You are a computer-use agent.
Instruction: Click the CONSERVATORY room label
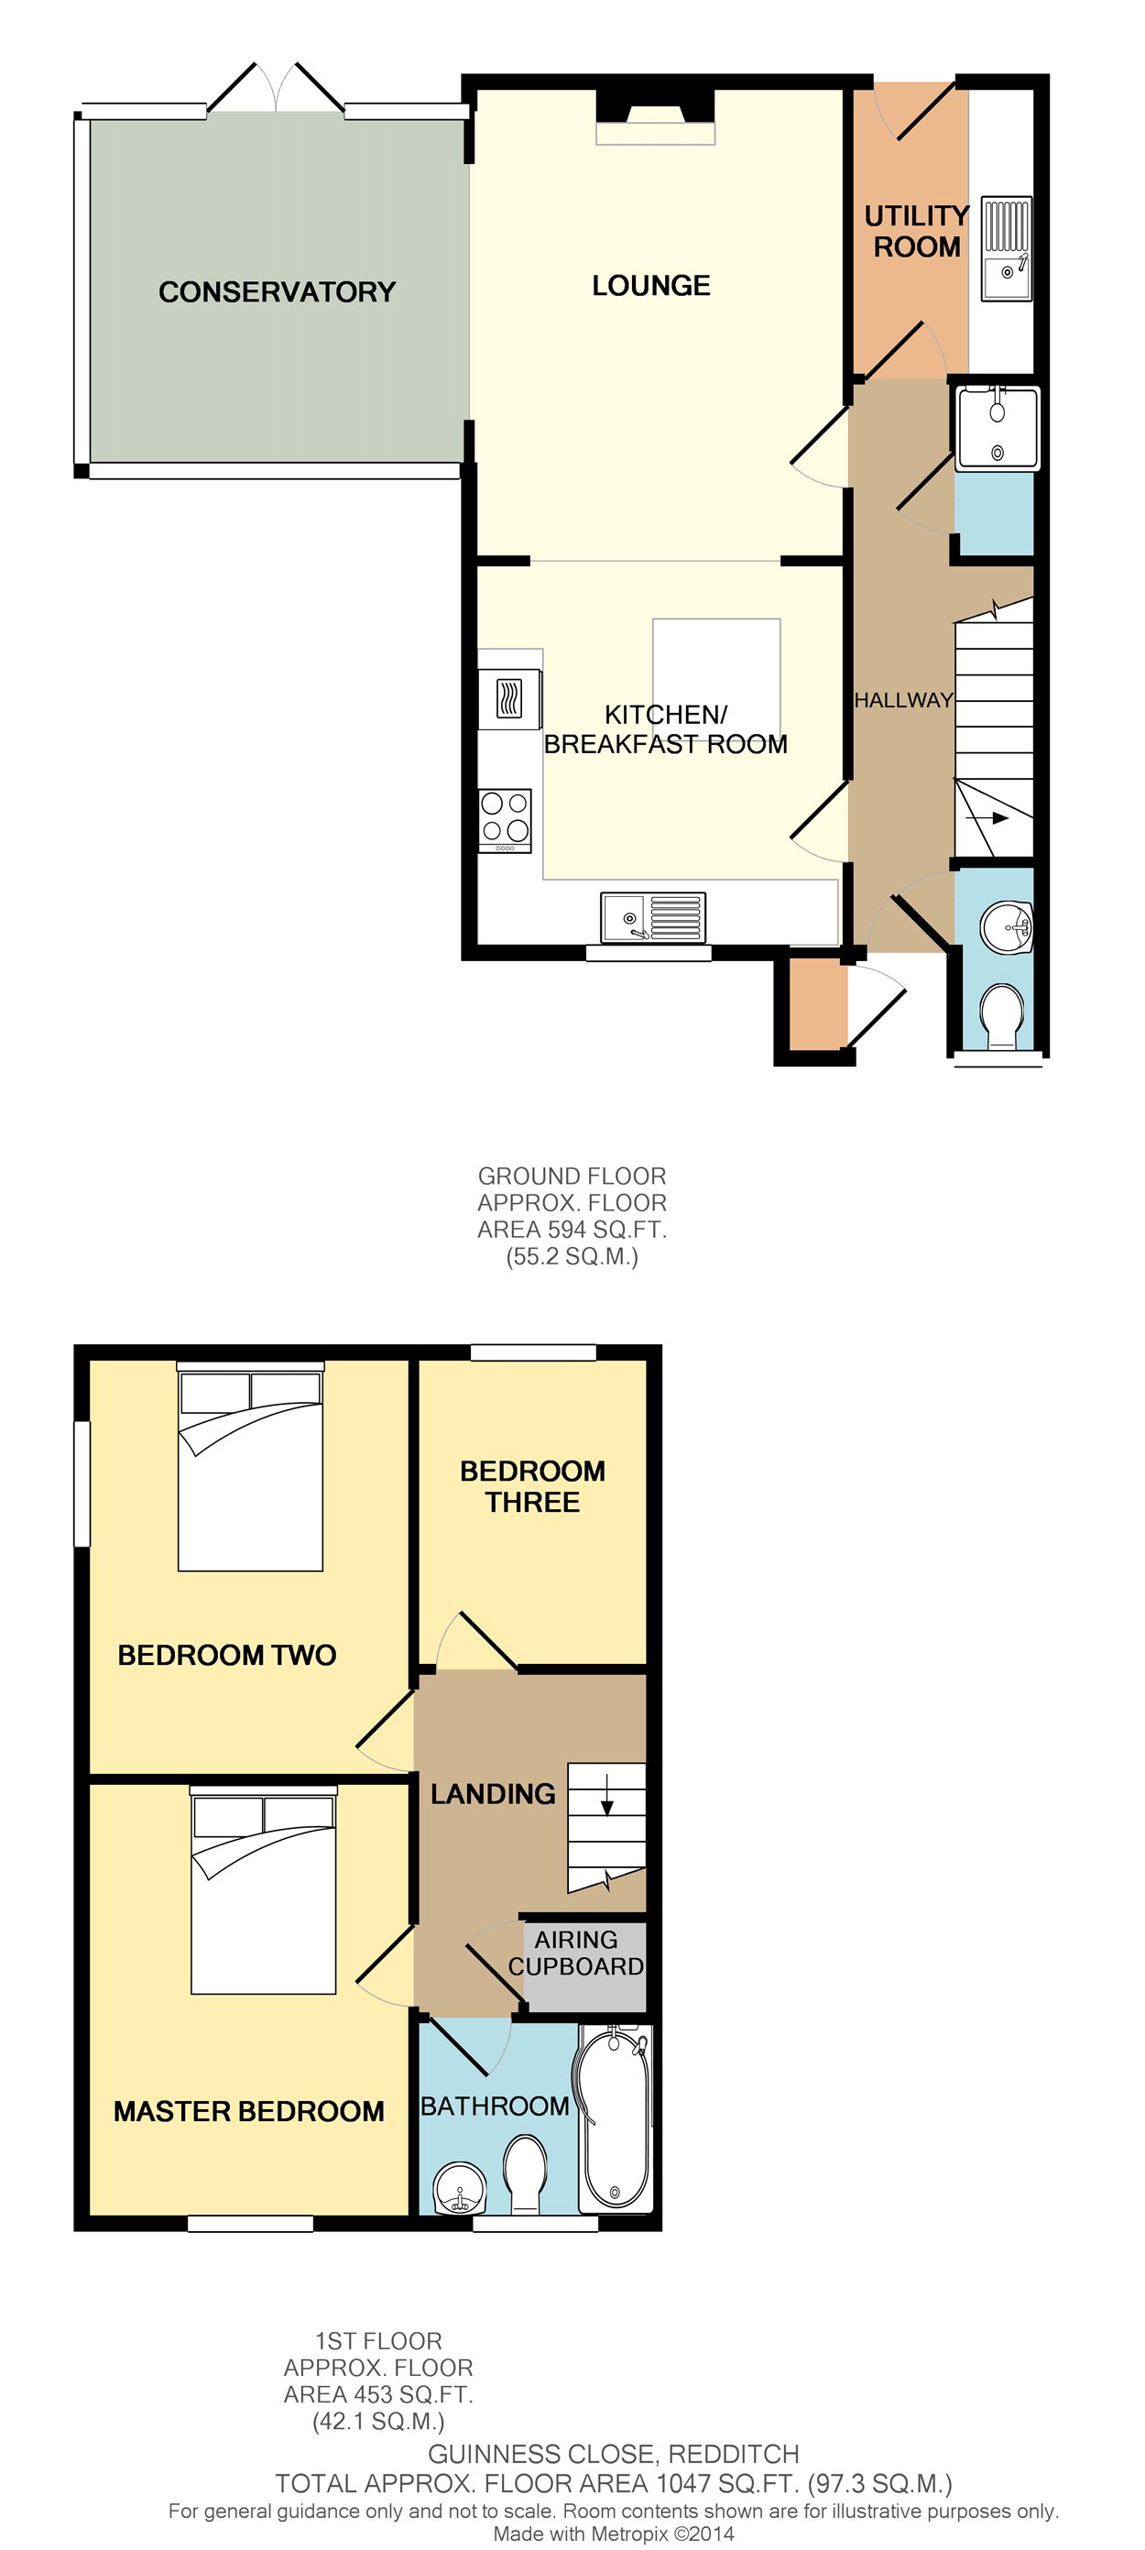(278, 292)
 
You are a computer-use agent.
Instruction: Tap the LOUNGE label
(651, 286)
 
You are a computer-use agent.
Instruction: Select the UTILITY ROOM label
(916, 231)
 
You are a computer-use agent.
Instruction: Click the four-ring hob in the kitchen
(506, 820)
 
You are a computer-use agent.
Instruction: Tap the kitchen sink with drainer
(653, 916)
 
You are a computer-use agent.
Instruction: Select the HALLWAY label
(903, 700)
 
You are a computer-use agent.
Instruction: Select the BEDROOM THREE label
(532, 1486)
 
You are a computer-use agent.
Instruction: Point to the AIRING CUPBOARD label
(576, 1954)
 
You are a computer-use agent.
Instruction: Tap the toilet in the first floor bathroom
(526, 2172)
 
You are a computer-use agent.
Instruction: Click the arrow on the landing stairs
(607, 1795)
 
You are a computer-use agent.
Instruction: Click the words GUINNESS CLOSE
(541, 2454)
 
